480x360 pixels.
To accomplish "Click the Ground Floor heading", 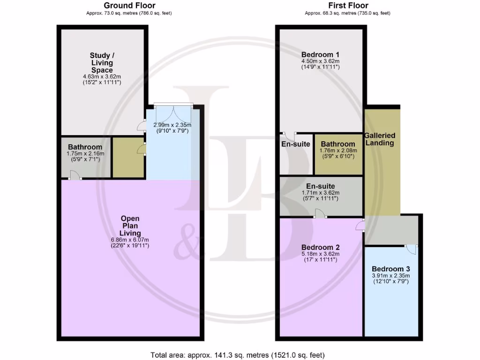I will point(129,6).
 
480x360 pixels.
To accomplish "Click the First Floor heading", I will point(347,6).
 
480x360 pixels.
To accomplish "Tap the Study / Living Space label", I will point(102,63).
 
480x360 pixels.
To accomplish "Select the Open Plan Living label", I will point(130,225).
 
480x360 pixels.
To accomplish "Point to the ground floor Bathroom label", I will point(85,147).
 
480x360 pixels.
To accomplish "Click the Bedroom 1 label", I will point(320,53).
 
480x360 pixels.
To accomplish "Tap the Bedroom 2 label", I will point(320,247).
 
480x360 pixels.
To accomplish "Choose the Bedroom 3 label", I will point(390,269).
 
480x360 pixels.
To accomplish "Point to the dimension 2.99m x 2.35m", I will point(172,125).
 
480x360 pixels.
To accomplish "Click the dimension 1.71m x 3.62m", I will point(320,193).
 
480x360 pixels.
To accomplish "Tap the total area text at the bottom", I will point(237,355).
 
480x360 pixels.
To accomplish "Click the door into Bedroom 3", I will point(411,248).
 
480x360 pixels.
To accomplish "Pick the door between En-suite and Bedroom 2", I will point(320,214).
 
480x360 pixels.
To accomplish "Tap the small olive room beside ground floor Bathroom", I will point(128,157).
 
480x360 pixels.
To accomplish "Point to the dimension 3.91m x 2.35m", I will point(390,276).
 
